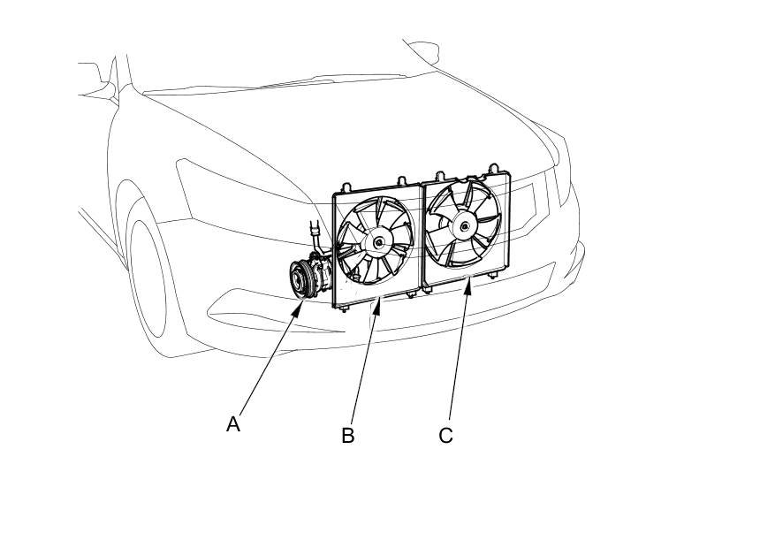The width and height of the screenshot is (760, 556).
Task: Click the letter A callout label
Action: (233, 424)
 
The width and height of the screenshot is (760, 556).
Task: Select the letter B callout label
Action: (348, 436)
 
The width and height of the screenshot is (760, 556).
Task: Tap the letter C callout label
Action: (445, 436)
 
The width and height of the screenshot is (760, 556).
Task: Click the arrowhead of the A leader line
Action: (304, 301)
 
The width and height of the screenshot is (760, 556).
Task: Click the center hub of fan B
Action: (378, 241)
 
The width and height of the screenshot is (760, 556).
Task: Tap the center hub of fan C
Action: (465, 225)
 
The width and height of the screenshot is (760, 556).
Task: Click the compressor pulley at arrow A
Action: (302, 278)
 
